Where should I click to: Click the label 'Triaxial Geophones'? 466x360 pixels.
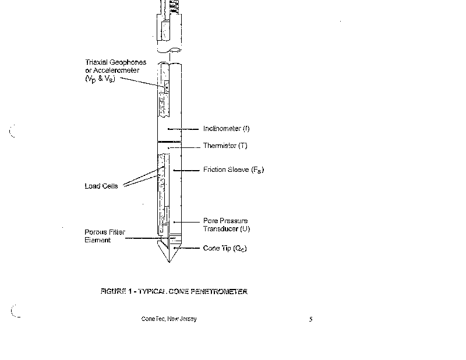(115, 62)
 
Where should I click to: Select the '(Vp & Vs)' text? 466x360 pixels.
(100, 79)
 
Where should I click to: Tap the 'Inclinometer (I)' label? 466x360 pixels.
(227, 129)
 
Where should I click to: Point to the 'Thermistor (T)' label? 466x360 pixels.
(224, 146)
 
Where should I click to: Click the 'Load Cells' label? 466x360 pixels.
(101, 186)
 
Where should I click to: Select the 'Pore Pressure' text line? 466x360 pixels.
(225, 221)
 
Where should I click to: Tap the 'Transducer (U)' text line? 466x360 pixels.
(227, 228)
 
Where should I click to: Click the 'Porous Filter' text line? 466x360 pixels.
(105, 232)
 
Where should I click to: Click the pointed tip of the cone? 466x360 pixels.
(170, 262)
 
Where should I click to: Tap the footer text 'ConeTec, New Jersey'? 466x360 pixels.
(169, 319)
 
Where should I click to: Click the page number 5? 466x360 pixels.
(311, 319)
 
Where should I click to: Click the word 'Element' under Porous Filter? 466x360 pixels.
(97, 239)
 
